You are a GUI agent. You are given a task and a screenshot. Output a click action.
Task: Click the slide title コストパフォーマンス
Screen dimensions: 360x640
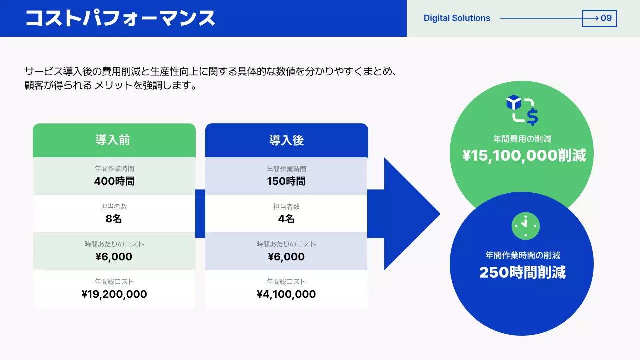pyautogui.click(x=120, y=18)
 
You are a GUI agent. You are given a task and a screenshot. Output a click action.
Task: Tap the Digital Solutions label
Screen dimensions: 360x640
pyautogui.click(x=457, y=18)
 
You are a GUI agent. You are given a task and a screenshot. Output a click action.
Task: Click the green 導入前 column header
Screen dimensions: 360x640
pyautogui.click(x=114, y=140)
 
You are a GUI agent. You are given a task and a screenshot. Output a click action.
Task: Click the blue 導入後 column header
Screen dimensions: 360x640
pyautogui.click(x=286, y=140)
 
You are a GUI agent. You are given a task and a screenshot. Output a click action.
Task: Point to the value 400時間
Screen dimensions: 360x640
pyautogui.click(x=114, y=181)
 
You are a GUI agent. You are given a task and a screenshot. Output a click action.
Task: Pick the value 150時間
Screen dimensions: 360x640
pyautogui.click(x=286, y=181)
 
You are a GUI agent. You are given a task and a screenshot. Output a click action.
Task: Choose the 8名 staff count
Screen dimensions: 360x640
pyautogui.click(x=114, y=219)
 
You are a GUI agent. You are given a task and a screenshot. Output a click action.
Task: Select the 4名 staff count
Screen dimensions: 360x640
pyautogui.click(x=286, y=219)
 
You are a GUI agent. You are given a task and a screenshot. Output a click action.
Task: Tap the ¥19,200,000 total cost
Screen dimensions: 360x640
pyautogui.click(x=114, y=294)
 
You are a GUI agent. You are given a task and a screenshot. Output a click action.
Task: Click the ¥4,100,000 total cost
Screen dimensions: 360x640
pyautogui.click(x=286, y=294)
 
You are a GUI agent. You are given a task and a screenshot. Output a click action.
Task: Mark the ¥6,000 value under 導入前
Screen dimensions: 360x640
pyautogui.click(x=114, y=257)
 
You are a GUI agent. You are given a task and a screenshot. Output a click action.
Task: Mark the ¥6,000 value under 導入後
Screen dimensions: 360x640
pyautogui.click(x=286, y=257)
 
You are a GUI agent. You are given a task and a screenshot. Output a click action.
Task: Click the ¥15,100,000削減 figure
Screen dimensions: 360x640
pyautogui.click(x=524, y=156)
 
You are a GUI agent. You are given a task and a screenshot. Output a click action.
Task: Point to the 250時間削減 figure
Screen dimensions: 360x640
pyautogui.click(x=522, y=272)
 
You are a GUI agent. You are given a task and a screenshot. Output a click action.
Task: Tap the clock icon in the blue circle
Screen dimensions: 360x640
pyautogui.click(x=526, y=226)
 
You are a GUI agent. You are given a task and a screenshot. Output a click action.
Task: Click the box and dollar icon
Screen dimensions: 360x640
pyautogui.click(x=522, y=110)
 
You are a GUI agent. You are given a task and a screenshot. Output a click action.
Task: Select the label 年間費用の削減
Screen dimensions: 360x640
pyautogui.click(x=522, y=139)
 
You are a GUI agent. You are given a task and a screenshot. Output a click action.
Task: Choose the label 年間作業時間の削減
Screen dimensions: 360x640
pyautogui.click(x=523, y=255)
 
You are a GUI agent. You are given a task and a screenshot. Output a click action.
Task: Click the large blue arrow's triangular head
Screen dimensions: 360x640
pyautogui.click(x=410, y=214)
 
